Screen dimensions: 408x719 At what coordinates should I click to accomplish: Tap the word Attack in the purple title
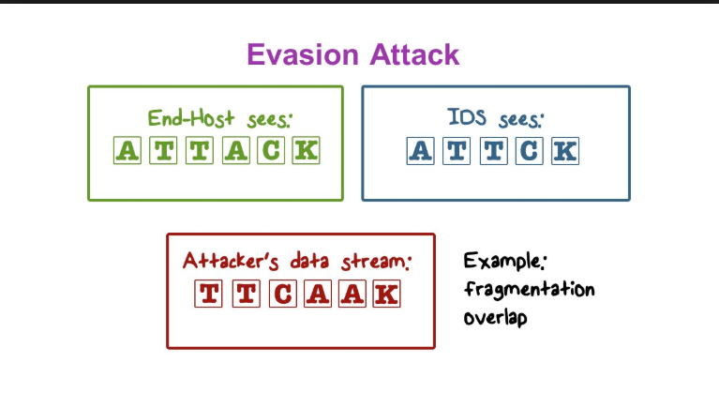tap(413, 54)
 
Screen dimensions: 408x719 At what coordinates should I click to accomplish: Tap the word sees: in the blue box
tap(518, 119)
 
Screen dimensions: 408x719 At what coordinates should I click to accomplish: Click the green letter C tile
tap(270, 150)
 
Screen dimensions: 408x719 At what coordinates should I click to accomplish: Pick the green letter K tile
tap(306, 150)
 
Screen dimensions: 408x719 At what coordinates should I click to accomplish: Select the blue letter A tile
tap(421, 150)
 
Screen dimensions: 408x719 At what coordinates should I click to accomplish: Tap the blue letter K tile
tap(564, 150)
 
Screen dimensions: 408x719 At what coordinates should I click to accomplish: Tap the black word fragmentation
tap(529, 290)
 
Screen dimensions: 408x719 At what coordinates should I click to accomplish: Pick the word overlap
tap(495, 317)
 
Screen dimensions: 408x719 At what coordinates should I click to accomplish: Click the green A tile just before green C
tap(234, 150)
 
